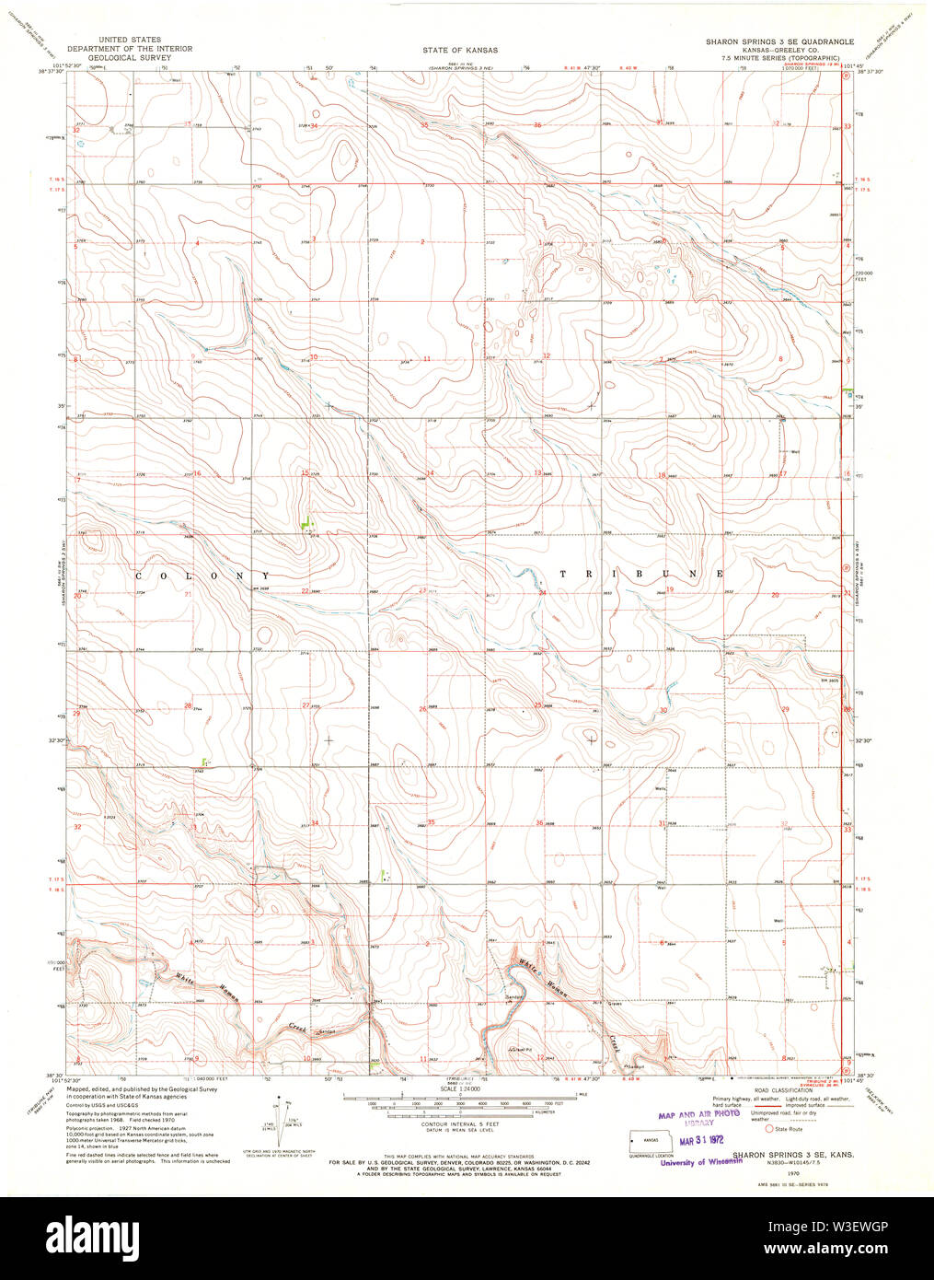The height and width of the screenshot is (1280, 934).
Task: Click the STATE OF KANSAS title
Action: point(467,50)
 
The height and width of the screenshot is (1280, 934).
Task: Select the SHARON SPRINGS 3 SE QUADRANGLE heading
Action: point(779,42)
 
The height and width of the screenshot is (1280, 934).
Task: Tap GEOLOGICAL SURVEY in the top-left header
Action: point(130,57)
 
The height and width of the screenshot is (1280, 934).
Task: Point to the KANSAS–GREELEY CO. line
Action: point(779,50)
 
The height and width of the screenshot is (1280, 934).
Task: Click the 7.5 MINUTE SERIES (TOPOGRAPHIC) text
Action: point(779,57)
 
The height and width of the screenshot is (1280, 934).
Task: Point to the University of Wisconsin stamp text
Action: point(701,1162)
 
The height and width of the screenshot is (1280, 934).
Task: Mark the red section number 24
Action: point(543,593)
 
